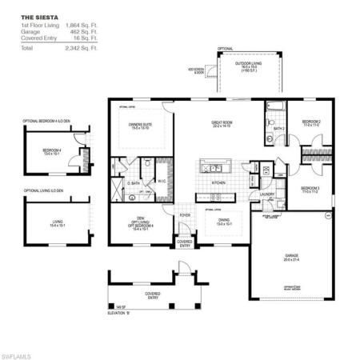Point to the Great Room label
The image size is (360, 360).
coord(222,124)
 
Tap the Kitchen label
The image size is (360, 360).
coord(218,182)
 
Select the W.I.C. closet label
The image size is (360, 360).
coord(162,181)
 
